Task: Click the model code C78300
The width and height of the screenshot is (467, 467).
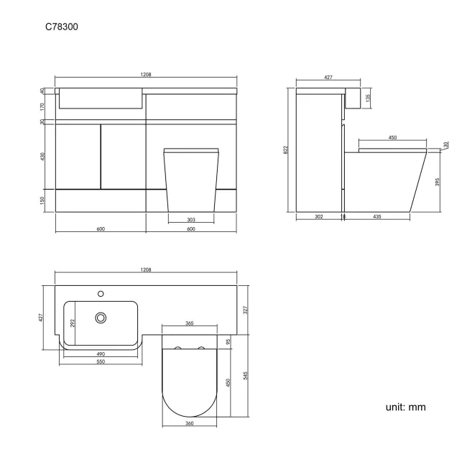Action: [63, 27]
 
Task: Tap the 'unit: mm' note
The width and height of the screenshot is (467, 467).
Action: [406, 407]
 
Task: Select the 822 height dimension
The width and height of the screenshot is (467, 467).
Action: [287, 149]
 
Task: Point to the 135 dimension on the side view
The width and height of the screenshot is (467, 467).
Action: [368, 96]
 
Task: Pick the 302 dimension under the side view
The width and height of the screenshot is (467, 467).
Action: [319, 216]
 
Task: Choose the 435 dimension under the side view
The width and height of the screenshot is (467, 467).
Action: [377, 216]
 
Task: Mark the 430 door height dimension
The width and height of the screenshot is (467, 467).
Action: [43, 156]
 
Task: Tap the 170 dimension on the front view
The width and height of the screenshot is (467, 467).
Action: [43, 106]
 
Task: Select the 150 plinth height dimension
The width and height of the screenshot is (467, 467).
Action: [43, 200]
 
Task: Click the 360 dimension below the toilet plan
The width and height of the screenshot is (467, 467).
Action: [190, 424]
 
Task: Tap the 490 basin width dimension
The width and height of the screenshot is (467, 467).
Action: [101, 353]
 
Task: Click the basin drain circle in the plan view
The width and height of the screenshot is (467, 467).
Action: [101, 317]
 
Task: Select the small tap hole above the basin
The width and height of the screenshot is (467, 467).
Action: [101, 293]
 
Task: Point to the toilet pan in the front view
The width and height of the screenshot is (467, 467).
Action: [190, 180]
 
